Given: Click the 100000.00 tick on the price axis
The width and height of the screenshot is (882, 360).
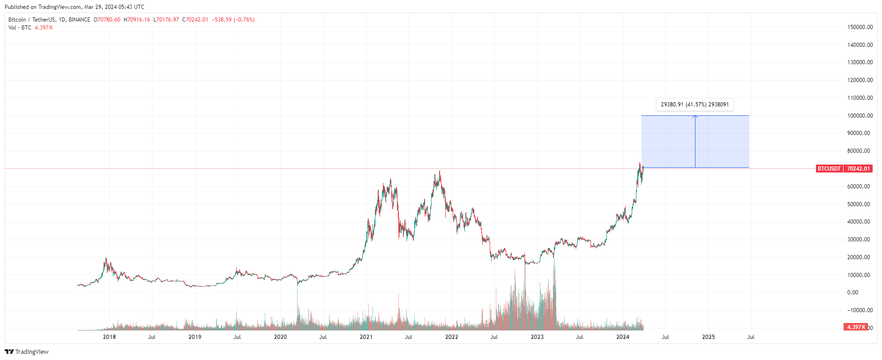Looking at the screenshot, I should point(860,116).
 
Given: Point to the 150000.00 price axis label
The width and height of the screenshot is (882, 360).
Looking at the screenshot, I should point(860,27).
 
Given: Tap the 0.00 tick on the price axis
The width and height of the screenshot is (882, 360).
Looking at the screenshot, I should point(852,292).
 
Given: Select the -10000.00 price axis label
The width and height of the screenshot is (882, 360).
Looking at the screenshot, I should point(860,310).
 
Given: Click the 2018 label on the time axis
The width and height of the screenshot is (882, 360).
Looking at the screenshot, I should point(109,337).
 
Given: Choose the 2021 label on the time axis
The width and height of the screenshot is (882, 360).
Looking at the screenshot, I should point(366,337).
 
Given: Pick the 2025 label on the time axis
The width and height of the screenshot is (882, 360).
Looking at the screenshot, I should point(708,337).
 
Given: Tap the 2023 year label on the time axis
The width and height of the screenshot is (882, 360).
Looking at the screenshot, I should point(537,337).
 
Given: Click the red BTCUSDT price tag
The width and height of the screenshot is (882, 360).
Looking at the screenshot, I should point(829,169).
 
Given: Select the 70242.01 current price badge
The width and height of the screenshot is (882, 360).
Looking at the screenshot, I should point(858,169).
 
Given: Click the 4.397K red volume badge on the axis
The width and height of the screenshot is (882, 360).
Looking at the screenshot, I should point(855,327).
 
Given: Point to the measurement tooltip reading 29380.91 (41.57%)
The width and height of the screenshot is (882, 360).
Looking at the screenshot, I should point(695,105).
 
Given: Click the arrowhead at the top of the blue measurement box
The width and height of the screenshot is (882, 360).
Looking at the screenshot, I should point(695,117).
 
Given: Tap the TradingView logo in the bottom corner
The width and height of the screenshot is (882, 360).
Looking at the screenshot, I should point(27,352).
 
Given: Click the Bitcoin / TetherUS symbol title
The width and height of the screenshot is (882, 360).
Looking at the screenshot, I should point(31,20).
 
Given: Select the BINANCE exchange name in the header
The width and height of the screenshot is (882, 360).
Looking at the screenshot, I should point(79,20).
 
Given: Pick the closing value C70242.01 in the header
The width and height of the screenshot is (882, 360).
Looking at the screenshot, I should point(195,20).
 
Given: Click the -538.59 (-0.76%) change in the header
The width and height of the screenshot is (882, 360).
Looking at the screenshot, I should point(233,20).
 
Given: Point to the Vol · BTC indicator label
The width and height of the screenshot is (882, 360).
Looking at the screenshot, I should point(20,28).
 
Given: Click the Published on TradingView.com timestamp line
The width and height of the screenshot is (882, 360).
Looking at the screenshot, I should point(75,7).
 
